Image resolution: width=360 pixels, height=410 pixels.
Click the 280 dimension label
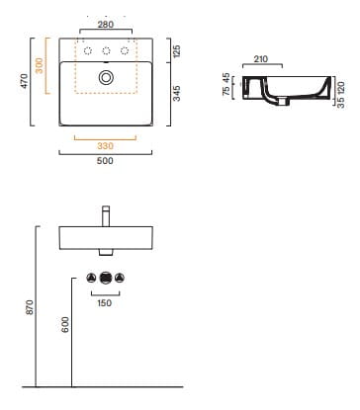coord(106,24)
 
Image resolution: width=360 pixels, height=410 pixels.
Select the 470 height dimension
coord(24,81)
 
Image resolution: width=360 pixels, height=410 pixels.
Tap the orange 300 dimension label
coord(39,65)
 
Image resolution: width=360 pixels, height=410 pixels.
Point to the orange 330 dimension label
coord(105,146)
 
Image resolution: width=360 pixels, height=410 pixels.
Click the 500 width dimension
coord(105,161)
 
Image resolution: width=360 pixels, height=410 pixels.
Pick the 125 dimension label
coord(177,51)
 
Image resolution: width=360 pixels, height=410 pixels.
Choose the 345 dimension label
coord(177,93)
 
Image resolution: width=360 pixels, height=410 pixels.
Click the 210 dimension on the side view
coord(261,59)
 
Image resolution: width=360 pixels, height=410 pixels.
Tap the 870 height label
coord(30,307)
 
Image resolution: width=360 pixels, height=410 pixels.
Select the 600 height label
coord(65,324)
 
